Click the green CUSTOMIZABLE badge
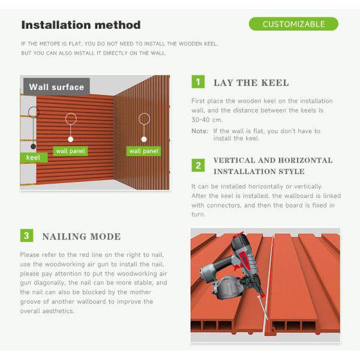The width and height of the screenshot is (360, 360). tap(293, 24)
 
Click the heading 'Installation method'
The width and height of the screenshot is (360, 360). tap(81, 25)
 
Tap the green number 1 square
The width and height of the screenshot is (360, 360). tap(198, 82)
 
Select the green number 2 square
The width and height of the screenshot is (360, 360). tap(198, 166)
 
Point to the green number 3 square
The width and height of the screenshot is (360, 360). tap(26, 235)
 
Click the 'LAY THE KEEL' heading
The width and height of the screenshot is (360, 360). tap(251, 83)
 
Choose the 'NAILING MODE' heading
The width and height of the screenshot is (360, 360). tap(82, 237)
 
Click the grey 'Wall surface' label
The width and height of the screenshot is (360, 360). tap(56, 87)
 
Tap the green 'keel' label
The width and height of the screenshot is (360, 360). tap(34, 157)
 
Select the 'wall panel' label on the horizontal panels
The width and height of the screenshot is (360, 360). tap(70, 151)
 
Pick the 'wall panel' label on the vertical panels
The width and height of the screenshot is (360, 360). tap(144, 151)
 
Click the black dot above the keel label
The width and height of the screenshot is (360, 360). tap(33, 146)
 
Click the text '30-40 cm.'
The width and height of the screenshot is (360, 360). tap(207, 120)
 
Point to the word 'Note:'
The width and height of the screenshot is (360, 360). tap(200, 131)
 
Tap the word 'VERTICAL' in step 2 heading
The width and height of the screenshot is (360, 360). tap(234, 160)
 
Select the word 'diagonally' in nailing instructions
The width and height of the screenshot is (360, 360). tap(49, 283)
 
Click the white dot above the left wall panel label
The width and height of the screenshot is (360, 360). tap(70, 139)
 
